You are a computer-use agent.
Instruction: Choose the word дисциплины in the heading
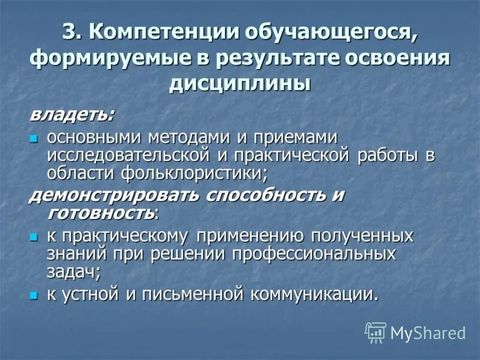[240, 85]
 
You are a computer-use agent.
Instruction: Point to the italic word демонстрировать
[114, 196]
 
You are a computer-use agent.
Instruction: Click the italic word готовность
[101, 212]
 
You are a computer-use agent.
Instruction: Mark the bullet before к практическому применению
[34, 236]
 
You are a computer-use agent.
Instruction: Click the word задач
[71, 271]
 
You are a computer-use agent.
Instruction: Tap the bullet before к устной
[34, 295]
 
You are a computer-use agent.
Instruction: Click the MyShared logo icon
[376, 332]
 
